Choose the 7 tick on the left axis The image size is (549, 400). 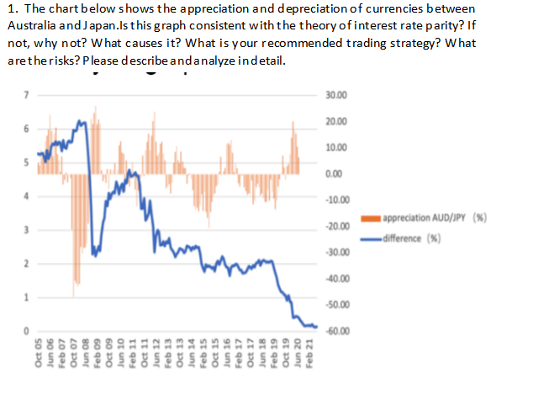(x=26, y=94)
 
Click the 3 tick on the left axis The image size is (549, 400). (x=26, y=229)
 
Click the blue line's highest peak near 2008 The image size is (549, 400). (x=82, y=122)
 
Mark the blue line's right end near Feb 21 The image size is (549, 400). (x=317, y=325)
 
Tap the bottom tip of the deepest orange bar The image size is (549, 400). (x=73, y=296)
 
